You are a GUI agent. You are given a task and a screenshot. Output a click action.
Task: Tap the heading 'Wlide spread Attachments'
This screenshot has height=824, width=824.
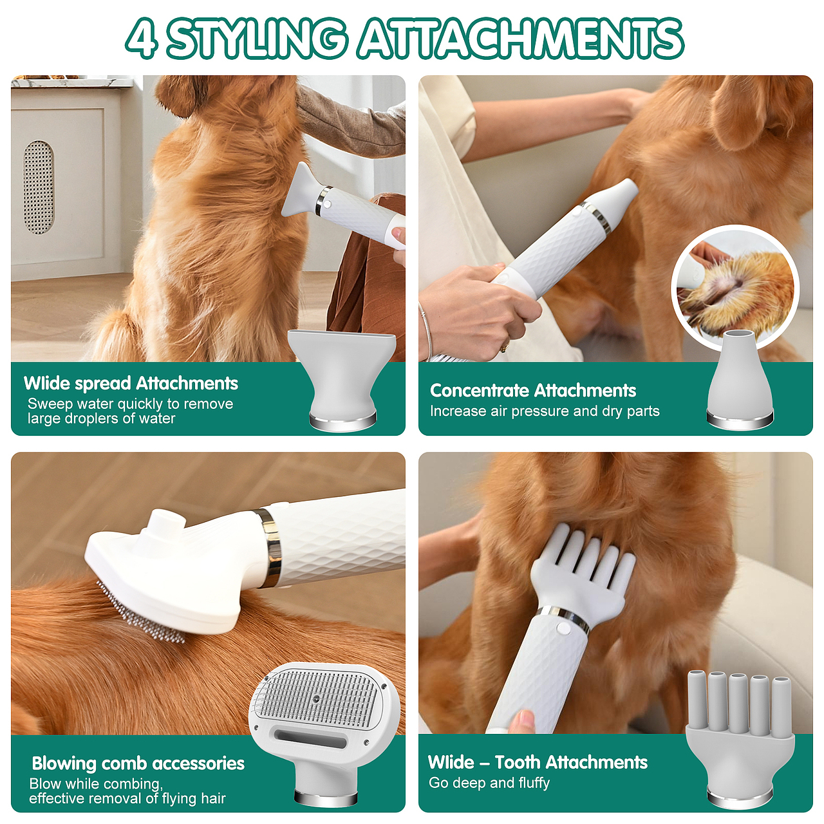point(131,384)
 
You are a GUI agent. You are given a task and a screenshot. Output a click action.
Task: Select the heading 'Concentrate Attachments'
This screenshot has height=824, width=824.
point(533,390)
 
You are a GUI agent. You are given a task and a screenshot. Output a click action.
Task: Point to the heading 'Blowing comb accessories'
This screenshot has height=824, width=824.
point(138,763)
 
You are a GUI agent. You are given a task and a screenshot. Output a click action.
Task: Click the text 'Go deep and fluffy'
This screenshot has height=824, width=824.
point(489,783)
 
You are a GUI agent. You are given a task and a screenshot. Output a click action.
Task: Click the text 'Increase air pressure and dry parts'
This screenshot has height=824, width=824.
point(545,411)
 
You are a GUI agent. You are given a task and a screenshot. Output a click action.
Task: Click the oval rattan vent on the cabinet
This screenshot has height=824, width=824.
point(39,187)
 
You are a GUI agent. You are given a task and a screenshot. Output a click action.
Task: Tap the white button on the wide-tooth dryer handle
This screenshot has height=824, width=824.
point(563,628)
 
